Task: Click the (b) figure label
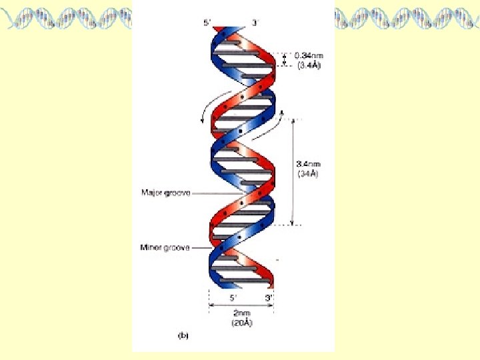coord(182,337)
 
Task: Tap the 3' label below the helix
coord(268,298)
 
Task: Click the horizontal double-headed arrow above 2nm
coord(241,306)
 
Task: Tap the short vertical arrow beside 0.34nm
coord(285,60)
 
